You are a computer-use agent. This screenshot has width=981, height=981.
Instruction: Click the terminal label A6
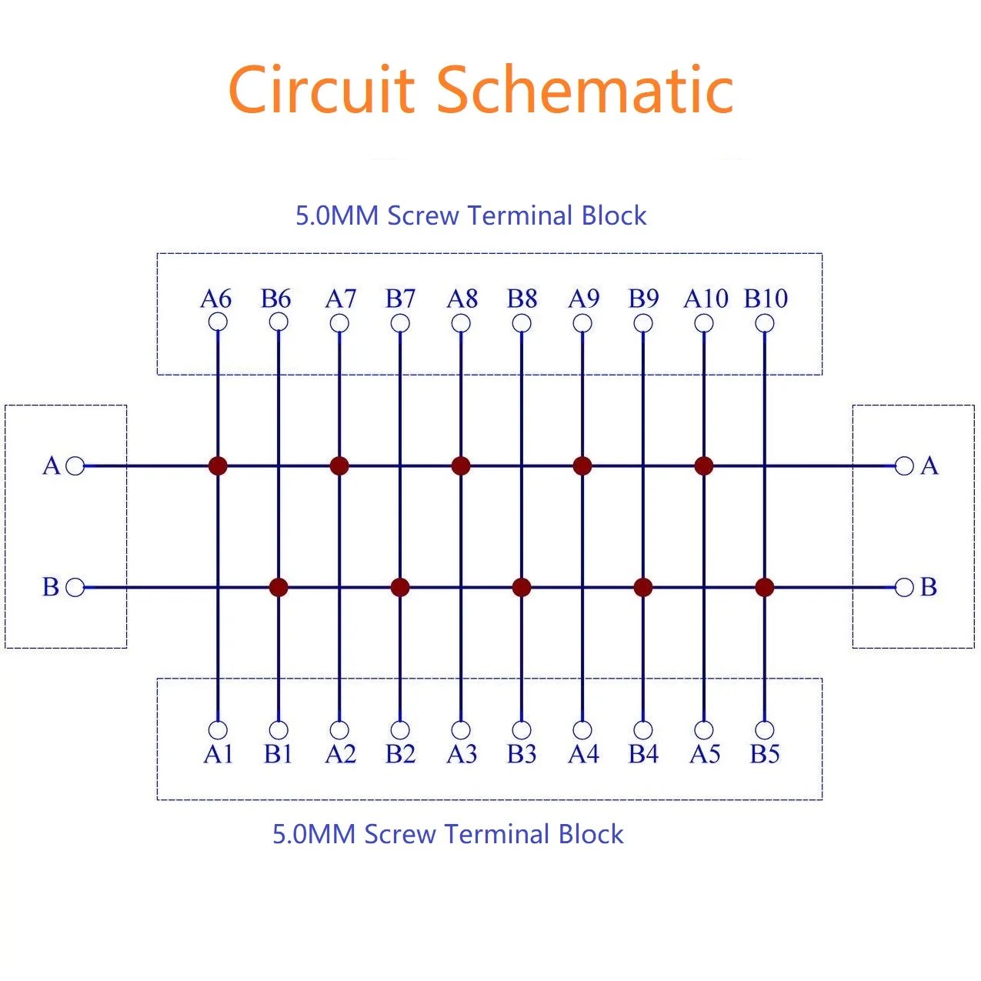215,299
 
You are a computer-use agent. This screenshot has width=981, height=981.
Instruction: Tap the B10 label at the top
766,299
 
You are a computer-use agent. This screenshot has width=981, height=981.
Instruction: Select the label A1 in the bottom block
218,754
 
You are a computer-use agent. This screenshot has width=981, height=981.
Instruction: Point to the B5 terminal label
765,754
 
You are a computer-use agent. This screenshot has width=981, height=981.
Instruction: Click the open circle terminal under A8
461,323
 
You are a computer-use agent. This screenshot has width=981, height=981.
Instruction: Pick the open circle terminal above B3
522,729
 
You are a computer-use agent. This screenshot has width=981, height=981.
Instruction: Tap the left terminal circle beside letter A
75,465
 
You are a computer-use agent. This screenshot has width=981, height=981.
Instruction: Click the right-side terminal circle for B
905,588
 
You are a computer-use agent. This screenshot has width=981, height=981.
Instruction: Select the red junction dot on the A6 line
218,465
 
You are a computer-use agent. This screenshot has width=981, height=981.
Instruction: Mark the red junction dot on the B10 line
765,588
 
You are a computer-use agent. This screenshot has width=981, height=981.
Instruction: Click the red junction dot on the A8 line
461,465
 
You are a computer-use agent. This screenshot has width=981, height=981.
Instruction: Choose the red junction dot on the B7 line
400,588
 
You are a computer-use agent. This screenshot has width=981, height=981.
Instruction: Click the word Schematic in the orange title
585,90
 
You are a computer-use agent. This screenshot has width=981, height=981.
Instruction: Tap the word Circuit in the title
322,90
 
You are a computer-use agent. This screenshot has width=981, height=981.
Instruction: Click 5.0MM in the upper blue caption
337,215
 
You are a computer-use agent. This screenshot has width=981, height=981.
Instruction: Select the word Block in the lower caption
591,834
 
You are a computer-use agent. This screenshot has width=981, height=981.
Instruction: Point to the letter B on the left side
51,587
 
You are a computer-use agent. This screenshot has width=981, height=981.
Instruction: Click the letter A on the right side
929,465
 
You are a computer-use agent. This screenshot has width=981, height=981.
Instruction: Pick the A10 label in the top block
705,299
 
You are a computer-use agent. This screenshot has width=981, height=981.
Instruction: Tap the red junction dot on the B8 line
522,588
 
